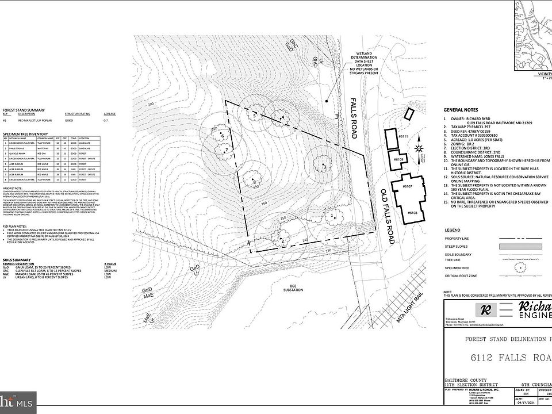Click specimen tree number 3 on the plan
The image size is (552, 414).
click(x=324, y=166)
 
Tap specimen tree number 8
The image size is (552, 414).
click(x=253, y=181)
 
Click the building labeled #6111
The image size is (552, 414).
click(x=392, y=138)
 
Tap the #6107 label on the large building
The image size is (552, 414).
click(x=409, y=187)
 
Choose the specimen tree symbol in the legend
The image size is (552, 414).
click(x=520, y=267)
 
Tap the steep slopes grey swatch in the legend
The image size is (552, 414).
click(x=520, y=246)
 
